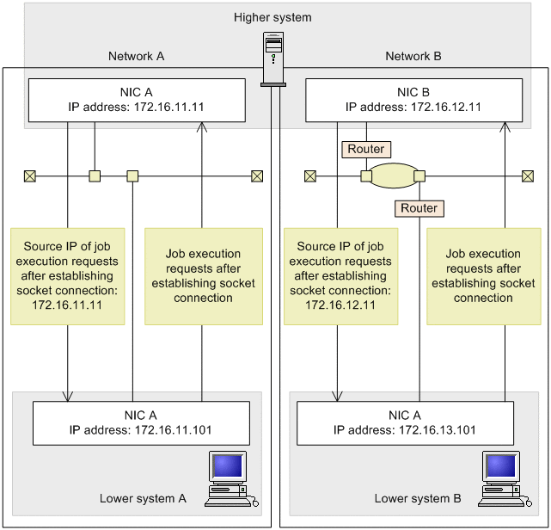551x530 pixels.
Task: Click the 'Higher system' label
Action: (x=272, y=17)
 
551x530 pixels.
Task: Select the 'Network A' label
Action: (x=136, y=56)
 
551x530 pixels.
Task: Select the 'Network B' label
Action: (x=413, y=56)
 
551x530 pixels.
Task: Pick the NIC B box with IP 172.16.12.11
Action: (x=413, y=100)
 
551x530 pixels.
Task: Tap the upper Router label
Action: (x=365, y=149)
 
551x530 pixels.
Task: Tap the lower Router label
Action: (x=419, y=208)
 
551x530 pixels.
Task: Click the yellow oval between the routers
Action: (x=393, y=176)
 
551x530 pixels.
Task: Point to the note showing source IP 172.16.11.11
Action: (x=67, y=276)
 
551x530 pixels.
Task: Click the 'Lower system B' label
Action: (x=418, y=498)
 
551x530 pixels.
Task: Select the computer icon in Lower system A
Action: (x=231, y=478)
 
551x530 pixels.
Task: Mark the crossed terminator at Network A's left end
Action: (x=29, y=176)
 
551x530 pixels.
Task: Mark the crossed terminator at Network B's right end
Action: (x=527, y=176)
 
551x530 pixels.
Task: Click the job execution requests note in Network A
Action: (x=203, y=276)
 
